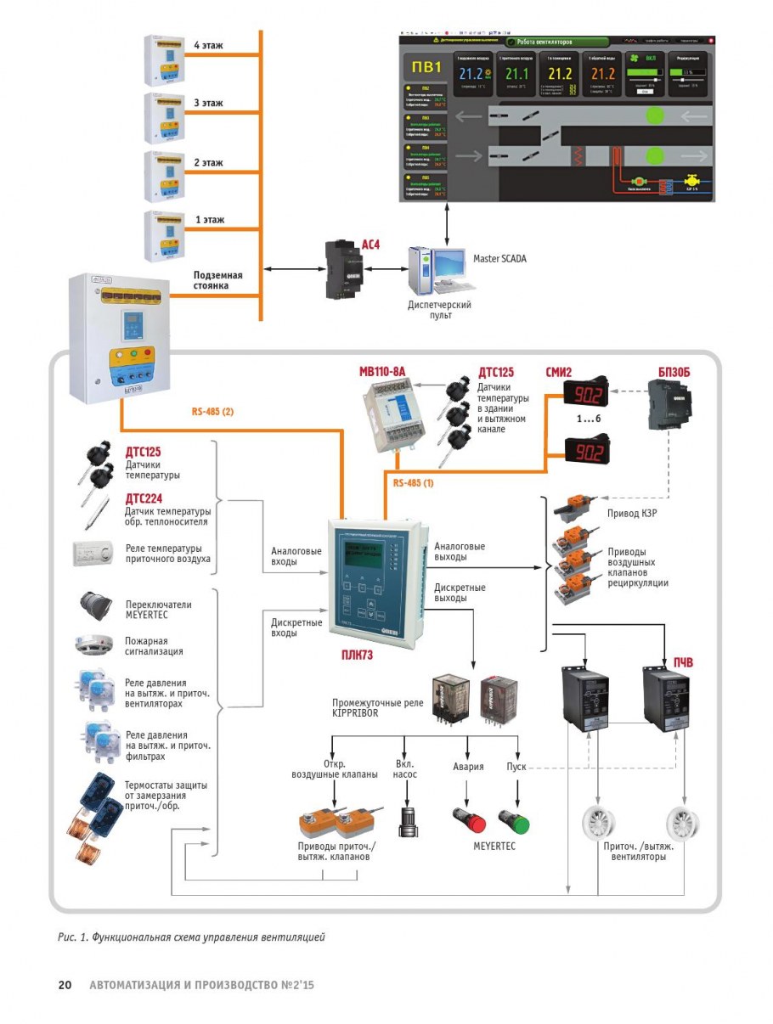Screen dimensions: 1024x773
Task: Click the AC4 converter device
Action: click(343, 269)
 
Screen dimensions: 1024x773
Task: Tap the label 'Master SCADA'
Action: click(499, 258)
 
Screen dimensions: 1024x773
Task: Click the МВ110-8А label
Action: click(383, 370)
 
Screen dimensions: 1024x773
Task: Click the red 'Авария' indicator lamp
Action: click(468, 821)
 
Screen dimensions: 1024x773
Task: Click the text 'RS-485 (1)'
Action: click(414, 482)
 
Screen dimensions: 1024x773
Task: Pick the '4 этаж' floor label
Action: click(208, 45)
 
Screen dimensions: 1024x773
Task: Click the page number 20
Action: click(65, 986)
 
